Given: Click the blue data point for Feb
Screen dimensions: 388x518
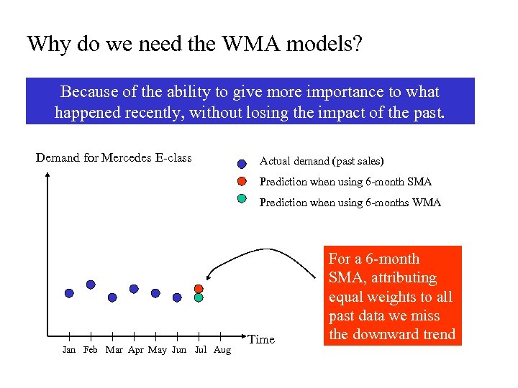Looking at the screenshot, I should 91,285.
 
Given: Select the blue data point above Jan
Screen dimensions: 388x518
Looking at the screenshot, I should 69,293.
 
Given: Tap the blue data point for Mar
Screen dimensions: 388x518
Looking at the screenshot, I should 112,297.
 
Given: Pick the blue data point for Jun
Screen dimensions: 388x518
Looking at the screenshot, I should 177,297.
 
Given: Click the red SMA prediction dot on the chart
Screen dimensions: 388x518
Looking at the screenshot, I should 199,289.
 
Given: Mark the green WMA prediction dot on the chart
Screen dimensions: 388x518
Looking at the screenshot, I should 199,297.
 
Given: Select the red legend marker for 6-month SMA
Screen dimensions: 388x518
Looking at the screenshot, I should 242,180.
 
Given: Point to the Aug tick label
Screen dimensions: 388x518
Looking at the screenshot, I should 222,351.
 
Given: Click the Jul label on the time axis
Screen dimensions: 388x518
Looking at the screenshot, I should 201,351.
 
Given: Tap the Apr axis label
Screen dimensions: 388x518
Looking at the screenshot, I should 135,351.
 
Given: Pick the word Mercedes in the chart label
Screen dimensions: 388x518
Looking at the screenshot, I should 127,158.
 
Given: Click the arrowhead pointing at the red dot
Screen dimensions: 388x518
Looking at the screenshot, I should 209,279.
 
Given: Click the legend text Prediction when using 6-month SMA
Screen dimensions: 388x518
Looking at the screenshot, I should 345,182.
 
